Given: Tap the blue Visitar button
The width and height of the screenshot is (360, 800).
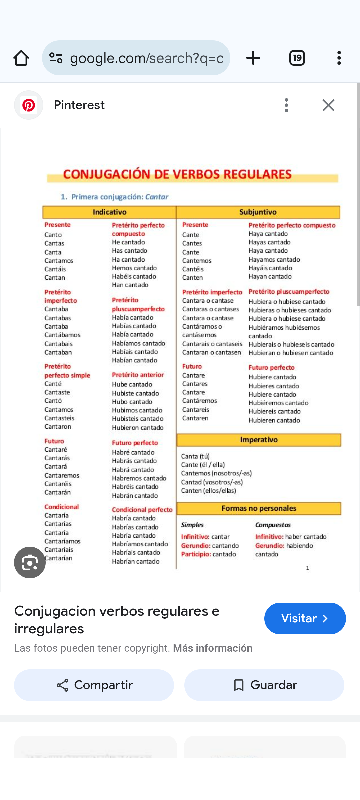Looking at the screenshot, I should click(x=305, y=618).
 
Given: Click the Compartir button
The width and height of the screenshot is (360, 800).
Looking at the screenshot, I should click(x=94, y=685).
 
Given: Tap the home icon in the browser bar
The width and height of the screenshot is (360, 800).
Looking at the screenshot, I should click(x=21, y=58).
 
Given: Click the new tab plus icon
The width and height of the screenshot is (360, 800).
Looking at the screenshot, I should click(x=253, y=58).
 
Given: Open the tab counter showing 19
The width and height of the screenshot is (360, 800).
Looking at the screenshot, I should click(x=297, y=58).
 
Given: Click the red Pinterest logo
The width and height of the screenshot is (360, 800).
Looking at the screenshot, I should click(x=29, y=105).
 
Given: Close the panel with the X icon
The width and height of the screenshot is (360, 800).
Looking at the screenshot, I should click(x=328, y=105).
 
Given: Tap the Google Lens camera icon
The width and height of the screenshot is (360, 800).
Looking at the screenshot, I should click(x=30, y=563).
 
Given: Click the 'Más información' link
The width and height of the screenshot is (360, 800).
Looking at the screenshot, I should click(x=213, y=648).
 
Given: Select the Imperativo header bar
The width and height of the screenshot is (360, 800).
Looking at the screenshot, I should click(x=259, y=440).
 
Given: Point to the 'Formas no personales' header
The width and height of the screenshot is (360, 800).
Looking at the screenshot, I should click(x=259, y=509).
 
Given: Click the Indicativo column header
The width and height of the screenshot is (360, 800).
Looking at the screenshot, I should click(x=109, y=212).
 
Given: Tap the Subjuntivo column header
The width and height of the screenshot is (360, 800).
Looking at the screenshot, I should click(x=258, y=212).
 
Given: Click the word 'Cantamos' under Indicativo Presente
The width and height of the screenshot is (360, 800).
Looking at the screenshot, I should click(x=59, y=261).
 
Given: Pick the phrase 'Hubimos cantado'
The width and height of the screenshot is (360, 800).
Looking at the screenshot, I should click(x=137, y=410).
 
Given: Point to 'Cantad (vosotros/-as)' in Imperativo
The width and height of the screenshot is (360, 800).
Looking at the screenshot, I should click(x=212, y=482).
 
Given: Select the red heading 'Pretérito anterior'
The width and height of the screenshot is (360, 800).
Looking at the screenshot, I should click(x=138, y=375).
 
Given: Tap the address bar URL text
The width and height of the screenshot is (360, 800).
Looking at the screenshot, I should click(x=147, y=58).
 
